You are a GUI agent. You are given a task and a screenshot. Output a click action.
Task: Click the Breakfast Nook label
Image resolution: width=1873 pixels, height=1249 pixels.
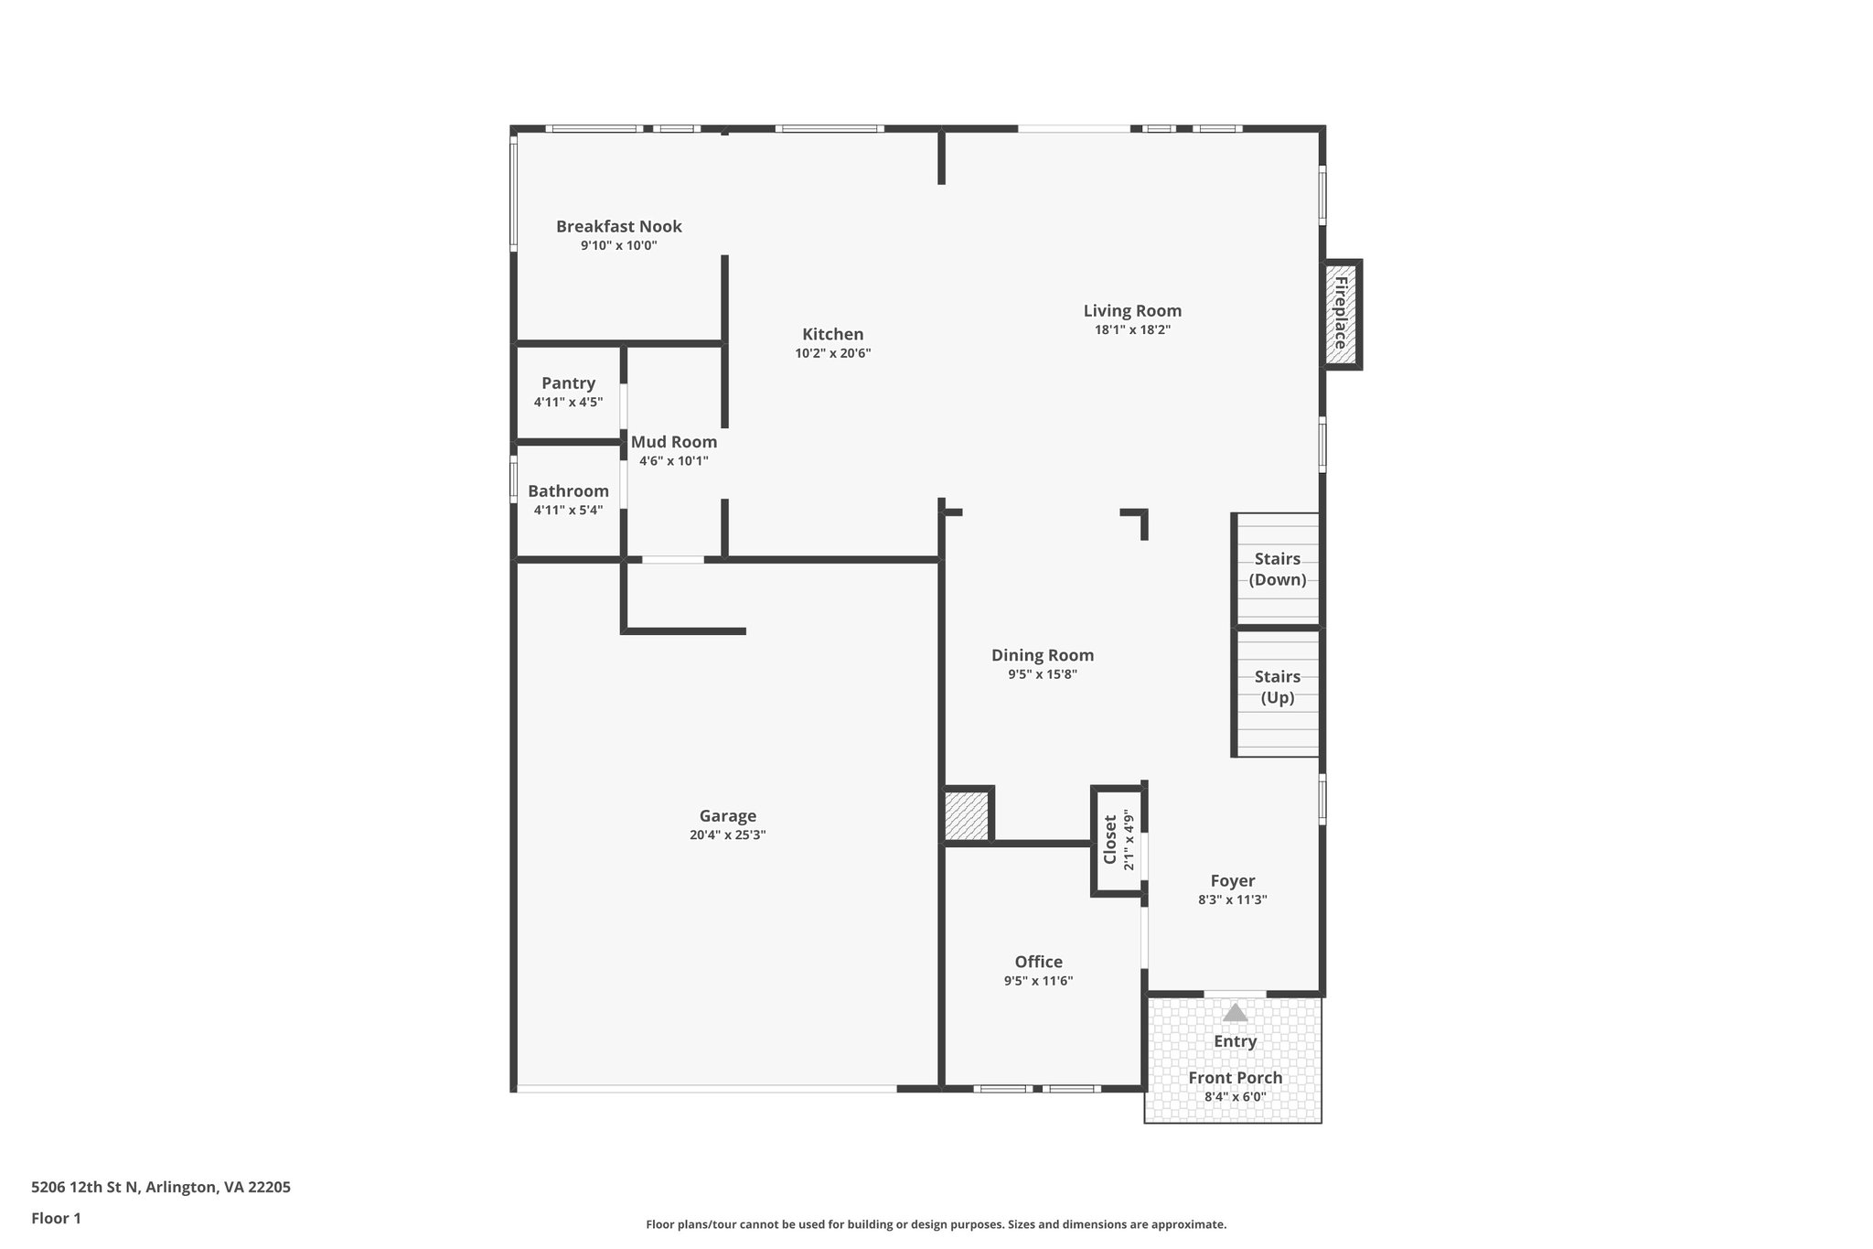tap(618, 226)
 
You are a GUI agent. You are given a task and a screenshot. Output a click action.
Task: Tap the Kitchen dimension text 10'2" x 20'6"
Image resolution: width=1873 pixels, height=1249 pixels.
tap(832, 353)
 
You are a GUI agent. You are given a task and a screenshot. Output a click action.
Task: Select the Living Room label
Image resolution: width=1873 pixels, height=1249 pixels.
tap(1132, 311)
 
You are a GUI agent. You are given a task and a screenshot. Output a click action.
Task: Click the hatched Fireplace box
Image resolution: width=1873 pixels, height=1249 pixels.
tap(1341, 314)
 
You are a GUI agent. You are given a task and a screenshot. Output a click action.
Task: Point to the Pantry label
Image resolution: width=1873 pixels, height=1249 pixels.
tap(568, 383)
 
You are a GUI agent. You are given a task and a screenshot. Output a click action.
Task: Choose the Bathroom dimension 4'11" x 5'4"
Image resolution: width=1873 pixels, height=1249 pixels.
tap(568, 510)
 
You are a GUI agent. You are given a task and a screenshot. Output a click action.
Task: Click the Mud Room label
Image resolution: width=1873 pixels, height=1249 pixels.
tap(674, 442)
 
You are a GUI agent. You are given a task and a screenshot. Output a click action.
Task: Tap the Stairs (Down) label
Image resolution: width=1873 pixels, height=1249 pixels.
tap(1278, 569)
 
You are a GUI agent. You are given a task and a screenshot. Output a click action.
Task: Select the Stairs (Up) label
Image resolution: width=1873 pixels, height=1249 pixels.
tap(1278, 687)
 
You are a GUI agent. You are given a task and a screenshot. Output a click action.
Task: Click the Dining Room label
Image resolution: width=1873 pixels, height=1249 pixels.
tap(1043, 655)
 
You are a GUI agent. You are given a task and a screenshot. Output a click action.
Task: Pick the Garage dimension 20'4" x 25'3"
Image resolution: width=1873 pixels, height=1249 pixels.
tap(727, 834)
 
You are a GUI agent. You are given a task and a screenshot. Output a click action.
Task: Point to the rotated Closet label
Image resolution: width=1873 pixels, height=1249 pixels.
tap(1110, 839)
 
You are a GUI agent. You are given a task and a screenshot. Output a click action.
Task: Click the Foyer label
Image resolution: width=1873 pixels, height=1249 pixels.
tap(1232, 881)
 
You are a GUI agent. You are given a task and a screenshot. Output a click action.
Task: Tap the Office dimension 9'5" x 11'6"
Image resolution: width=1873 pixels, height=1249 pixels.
tap(1038, 981)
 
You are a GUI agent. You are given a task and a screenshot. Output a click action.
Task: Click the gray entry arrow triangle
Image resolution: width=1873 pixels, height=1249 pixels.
tap(1235, 1012)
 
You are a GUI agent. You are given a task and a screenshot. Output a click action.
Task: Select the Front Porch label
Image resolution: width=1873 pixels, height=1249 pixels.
tap(1235, 1078)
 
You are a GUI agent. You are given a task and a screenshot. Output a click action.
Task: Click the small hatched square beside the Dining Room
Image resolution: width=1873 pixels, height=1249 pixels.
tap(967, 815)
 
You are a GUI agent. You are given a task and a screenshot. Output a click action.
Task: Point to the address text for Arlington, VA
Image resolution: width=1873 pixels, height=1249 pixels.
tap(161, 1187)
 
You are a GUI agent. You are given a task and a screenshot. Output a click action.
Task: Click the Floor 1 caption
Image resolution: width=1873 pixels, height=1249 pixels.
tap(57, 1218)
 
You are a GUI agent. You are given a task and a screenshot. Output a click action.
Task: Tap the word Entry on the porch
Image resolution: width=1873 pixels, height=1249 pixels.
tap(1235, 1041)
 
